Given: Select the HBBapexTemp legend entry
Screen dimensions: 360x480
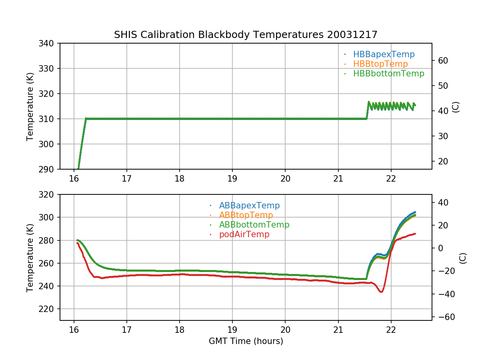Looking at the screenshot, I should [x=384, y=54].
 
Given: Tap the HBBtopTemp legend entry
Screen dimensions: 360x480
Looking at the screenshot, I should [x=380, y=64].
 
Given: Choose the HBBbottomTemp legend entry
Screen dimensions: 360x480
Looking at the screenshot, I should [x=388, y=74].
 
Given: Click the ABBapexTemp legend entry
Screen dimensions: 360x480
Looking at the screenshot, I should [x=249, y=206].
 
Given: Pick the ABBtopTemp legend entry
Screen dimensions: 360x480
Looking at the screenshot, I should [x=246, y=215].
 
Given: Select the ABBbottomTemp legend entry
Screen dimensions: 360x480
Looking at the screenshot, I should [x=254, y=225].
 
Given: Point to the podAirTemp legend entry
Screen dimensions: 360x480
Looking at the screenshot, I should [x=244, y=234].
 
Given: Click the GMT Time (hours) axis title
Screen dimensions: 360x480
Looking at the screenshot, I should [x=246, y=341].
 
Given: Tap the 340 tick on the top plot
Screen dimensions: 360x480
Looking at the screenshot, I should [x=49, y=43].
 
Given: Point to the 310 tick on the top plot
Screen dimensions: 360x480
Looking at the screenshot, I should [x=49, y=119].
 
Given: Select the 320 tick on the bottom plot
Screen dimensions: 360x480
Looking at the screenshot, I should [x=49, y=195].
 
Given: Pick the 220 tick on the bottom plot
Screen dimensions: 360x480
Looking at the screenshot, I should [x=49, y=309].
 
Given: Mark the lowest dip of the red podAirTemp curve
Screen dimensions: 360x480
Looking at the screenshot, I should [x=381, y=292].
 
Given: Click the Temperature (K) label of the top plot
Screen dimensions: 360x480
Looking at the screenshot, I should [x=30, y=106].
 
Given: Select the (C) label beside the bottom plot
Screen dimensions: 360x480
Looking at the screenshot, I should [x=463, y=258].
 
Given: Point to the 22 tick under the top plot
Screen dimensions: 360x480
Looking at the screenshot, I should [x=391, y=178].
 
